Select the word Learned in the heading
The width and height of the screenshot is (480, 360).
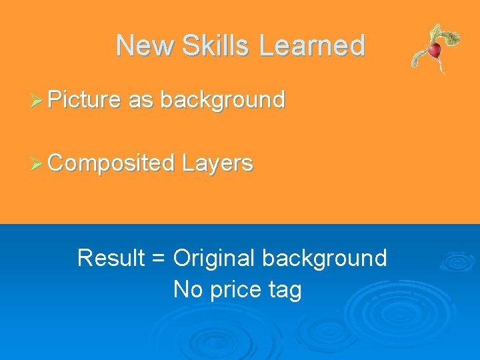[312, 45]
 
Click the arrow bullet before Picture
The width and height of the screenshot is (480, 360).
[39, 101]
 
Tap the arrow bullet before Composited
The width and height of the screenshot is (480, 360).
[39, 163]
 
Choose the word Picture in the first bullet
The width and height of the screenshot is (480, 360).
[85, 100]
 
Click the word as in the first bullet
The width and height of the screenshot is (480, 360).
[141, 100]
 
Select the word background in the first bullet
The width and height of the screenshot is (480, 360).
[223, 100]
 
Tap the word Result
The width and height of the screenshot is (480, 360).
[111, 258]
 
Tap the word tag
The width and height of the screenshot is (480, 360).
[286, 291]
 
